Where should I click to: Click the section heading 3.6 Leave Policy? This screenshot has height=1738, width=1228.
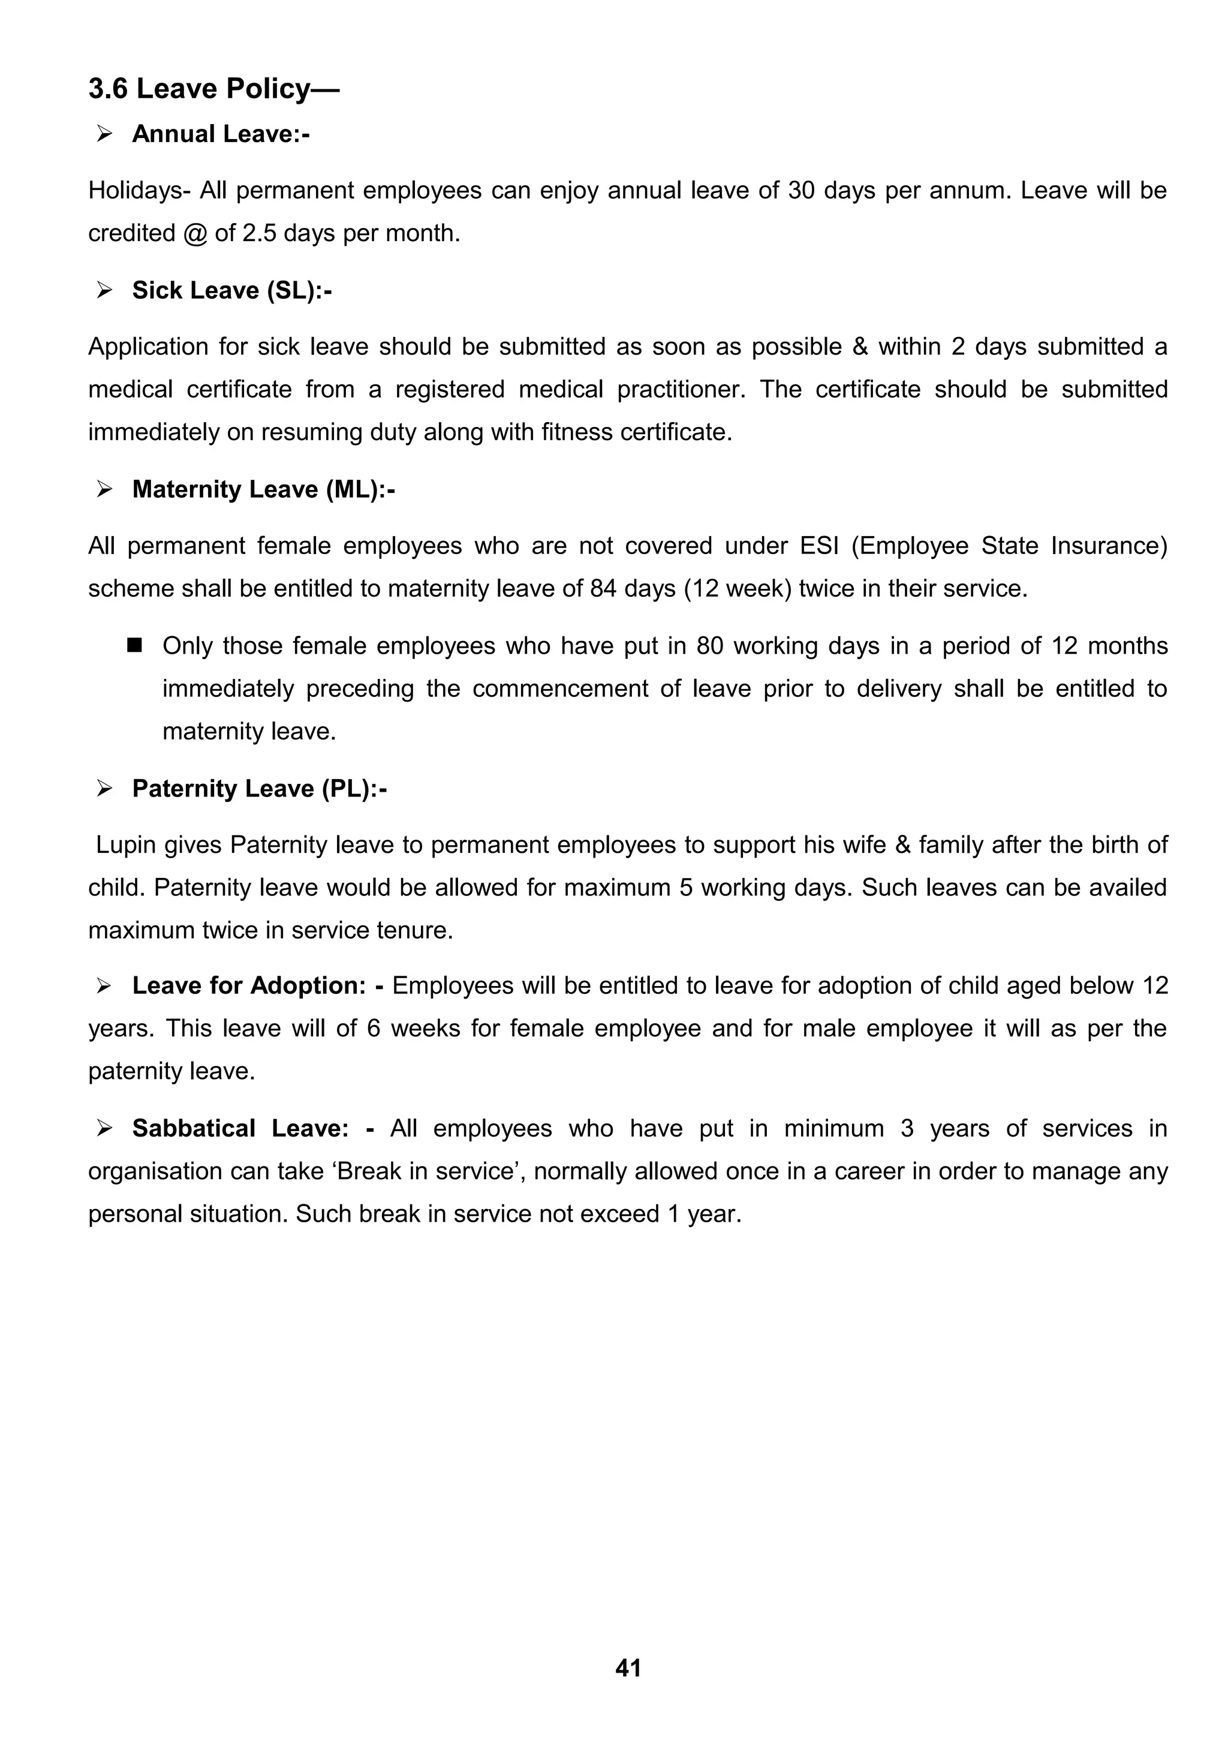(x=214, y=89)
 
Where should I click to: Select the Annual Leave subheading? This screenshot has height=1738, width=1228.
(x=220, y=134)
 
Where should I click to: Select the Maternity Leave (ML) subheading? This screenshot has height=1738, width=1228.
(x=263, y=490)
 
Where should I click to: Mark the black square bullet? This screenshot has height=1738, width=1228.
(x=136, y=646)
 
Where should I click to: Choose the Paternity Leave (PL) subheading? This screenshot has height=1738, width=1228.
(x=260, y=789)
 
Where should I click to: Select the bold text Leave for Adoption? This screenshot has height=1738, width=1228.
(x=249, y=985)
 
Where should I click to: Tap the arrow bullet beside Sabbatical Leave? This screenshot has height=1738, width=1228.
(x=104, y=1129)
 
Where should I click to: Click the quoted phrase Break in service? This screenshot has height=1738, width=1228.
(x=428, y=1171)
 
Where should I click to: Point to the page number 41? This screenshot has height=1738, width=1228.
(x=628, y=1668)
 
